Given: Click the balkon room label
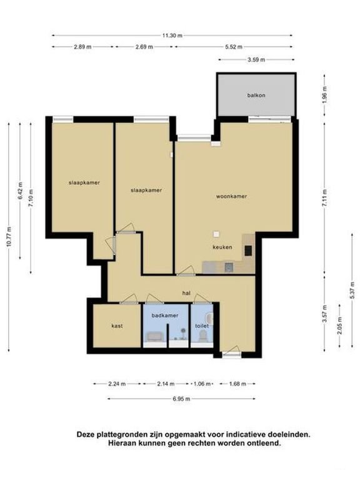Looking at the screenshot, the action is (256, 95).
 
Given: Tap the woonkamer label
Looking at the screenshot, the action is (231, 196).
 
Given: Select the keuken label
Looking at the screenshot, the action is (222, 247).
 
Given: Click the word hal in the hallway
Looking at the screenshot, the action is (186, 293).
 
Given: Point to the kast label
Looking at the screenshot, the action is (117, 326).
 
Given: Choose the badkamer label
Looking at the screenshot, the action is (165, 315).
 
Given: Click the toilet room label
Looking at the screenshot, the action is (202, 326).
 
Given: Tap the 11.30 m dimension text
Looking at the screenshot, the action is (172, 36).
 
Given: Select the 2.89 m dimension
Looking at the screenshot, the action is (82, 47).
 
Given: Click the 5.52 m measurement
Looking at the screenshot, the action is (234, 47).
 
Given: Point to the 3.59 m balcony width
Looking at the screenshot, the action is (256, 60).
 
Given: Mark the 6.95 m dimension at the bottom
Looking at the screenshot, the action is (181, 399).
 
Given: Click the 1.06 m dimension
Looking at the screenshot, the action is (202, 384).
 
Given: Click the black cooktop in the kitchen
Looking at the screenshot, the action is (248, 251).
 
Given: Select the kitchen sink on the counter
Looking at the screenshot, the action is (229, 267).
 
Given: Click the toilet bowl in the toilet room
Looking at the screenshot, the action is (202, 337).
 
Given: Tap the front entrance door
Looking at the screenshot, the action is (231, 351).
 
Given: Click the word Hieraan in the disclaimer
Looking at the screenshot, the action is (120, 443).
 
